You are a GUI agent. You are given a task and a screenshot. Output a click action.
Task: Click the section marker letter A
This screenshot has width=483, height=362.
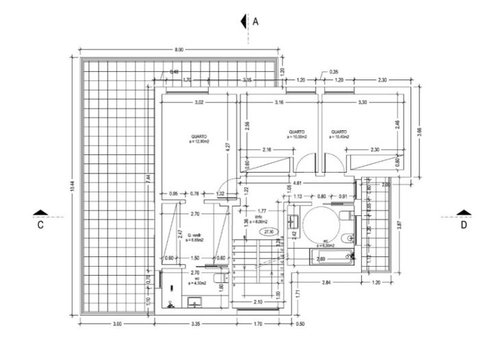(256, 21)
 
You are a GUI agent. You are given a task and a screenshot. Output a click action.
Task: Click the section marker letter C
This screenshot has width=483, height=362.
(40, 224)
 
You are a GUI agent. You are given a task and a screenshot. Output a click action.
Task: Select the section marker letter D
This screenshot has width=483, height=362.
(464, 224)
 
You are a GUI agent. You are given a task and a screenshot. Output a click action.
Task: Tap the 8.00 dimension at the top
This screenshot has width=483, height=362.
(179, 50)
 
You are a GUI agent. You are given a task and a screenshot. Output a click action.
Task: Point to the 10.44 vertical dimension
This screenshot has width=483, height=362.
(71, 186)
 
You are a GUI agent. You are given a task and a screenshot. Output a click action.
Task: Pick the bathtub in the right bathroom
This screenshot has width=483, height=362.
(332, 258)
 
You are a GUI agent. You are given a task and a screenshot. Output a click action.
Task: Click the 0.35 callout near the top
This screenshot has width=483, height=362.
(334, 72)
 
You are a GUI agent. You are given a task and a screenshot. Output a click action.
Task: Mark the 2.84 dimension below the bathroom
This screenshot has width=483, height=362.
(327, 282)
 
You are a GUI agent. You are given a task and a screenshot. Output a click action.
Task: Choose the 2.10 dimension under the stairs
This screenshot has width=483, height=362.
(257, 302)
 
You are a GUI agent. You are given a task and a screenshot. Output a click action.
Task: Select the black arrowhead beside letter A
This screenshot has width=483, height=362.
(243, 21)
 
